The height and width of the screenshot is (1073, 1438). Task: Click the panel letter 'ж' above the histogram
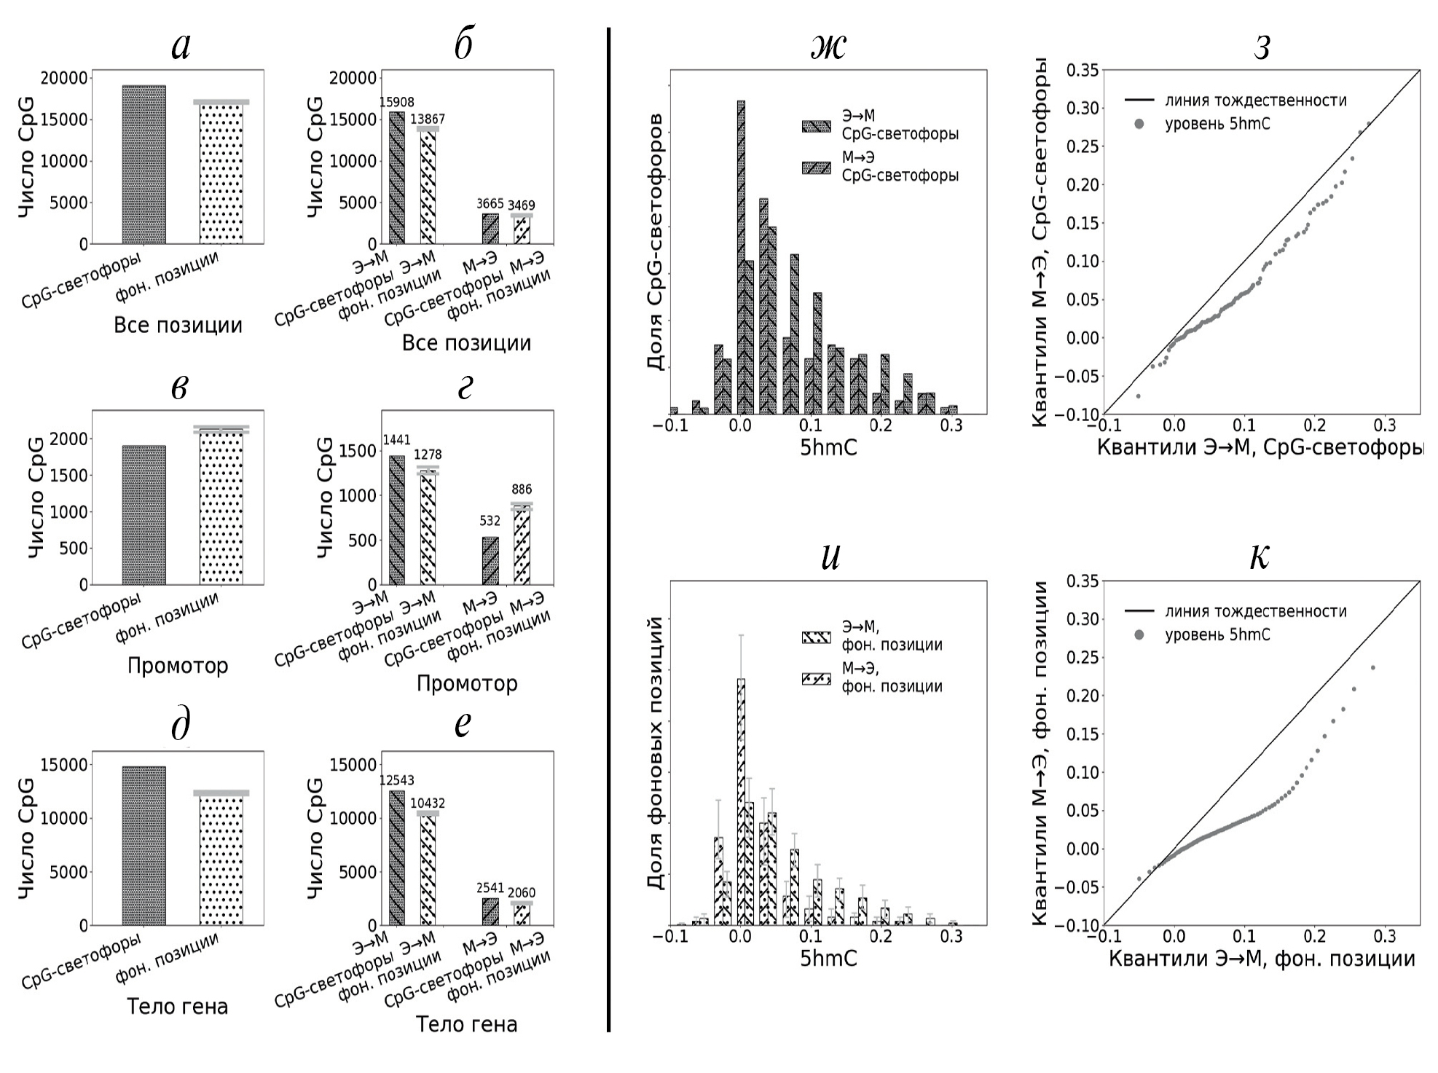pyautogui.click(x=828, y=47)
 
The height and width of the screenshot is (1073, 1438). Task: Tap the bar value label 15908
pyautogui.click(x=396, y=103)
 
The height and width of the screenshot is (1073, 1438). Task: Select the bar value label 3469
pyautogui.click(x=521, y=205)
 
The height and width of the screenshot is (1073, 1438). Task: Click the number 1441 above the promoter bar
pyautogui.click(x=396, y=440)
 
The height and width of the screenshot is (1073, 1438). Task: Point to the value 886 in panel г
pyautogui.click(x=522, y=490)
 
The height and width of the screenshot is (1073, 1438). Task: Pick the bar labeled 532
pyautogui.click(x=490, y=561)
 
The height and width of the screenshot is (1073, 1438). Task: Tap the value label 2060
pyautogui.click(x=522, y=892)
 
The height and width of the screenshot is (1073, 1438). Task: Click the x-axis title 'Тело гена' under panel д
pyautogui.click(x=178, y=1007)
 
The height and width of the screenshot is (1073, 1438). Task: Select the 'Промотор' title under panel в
pyautogui.click(x=178, y=666)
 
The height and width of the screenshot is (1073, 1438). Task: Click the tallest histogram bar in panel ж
pyautogui.click(x=741, y=255)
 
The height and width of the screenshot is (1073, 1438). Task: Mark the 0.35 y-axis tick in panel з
pyautogui.click(x=1082, y=71)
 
